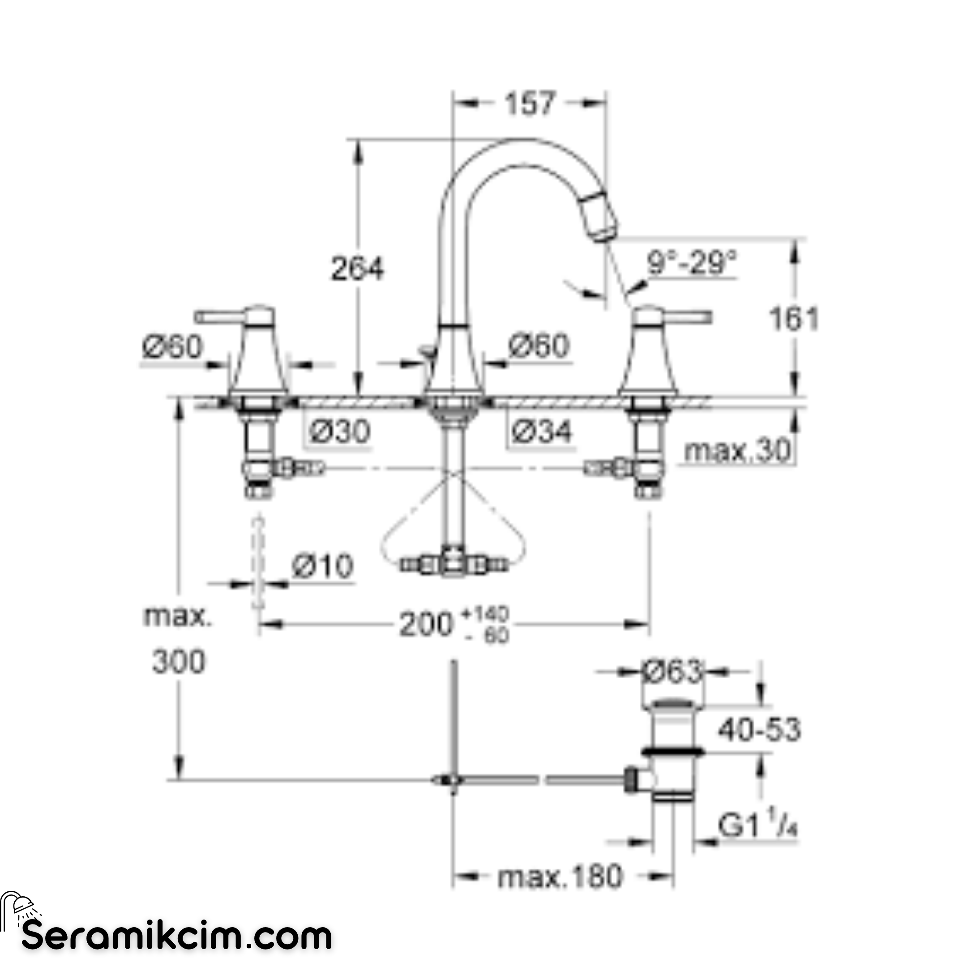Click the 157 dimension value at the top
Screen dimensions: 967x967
(530, 103)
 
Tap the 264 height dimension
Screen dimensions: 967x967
(357, 269)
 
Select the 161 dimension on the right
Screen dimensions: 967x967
(794, 318)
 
